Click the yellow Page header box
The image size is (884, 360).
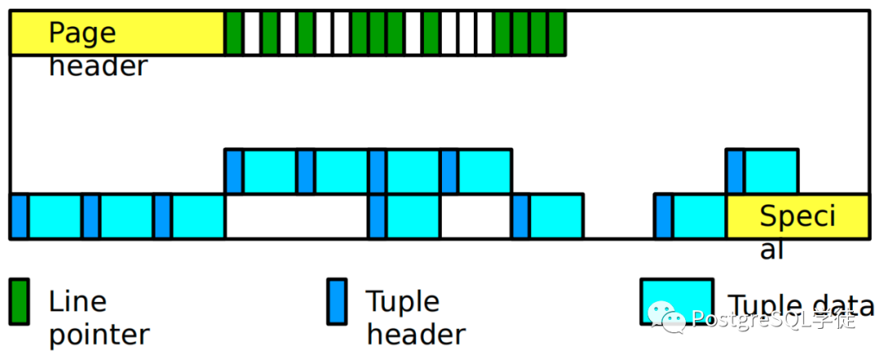click(x=117, y=33)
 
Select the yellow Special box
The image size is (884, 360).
click(x=798, y=216)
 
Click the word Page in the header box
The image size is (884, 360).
click(x=83, y=33)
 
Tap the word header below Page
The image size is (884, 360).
click(x=98, y=66)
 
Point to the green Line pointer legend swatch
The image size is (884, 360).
click(x=20, y=301)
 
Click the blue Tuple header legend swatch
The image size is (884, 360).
click(x=337, y=301)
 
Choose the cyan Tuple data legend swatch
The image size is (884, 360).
click(x=677, y=301)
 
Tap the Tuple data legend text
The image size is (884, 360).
click(x=801, y=305)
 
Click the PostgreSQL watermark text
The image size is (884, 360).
click(x=773, y=320)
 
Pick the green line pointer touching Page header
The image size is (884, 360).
click(x=234, y=33)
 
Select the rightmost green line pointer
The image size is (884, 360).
click(x=557, y=33)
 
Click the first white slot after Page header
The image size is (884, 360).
click(x=252, y=33)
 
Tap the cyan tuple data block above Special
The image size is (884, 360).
click(x=771, y=171)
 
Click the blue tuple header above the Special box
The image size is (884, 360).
click(x=735, y=171)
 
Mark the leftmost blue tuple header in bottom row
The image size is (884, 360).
click(x=19, y=216)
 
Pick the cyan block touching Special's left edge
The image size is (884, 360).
click(x=699, y=216)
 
